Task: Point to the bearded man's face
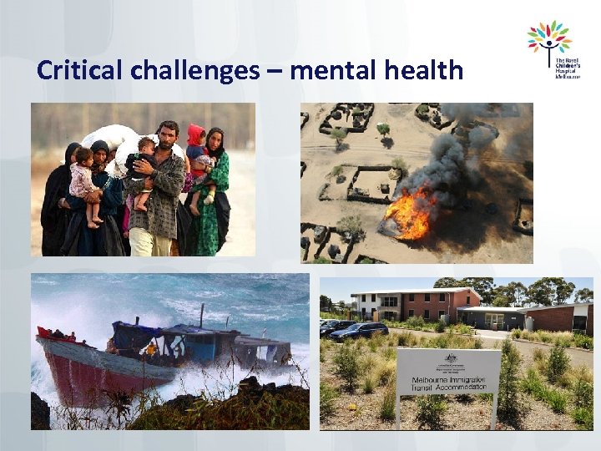pyautogui.click(x=168, y=135)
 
